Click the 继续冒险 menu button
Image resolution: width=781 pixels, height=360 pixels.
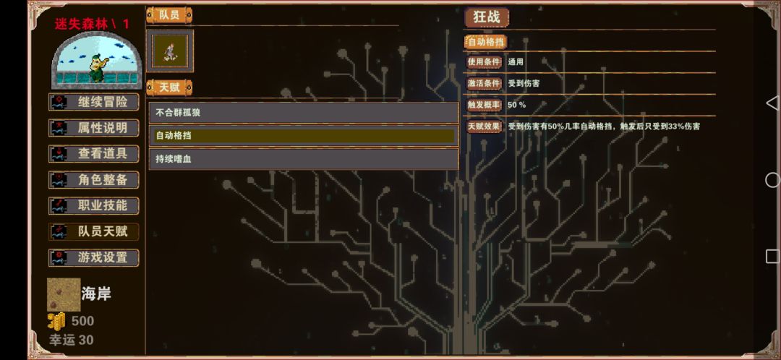point(93,102)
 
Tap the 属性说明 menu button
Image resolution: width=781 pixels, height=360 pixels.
point(93,128)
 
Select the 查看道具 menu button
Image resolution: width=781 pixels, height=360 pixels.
point(93,154)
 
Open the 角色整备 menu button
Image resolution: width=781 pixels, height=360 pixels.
point(93,180)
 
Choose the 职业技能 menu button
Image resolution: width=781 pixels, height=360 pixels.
point(93,205)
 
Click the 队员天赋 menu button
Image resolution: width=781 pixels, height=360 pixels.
point(93,231)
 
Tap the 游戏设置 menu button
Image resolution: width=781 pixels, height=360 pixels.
point(93,257)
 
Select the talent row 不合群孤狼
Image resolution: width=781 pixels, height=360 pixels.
point(304,113)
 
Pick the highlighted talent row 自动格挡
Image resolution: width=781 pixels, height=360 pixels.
point(304,136)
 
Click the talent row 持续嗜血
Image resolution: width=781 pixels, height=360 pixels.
point(304,159)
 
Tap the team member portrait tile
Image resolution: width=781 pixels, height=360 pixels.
point(170,51)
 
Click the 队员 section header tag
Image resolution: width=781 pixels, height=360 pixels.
point(169,15)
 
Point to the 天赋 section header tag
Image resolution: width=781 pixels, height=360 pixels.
point(169,87)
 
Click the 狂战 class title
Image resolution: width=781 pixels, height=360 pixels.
point(487,17)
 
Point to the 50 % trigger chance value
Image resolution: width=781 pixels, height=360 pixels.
point(516,105)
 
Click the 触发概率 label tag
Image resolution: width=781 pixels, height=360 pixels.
point(484,105)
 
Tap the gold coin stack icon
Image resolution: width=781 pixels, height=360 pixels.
point(57,321)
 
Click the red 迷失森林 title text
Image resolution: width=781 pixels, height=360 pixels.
point(82,23)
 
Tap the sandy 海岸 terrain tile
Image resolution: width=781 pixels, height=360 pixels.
point(64,295)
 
